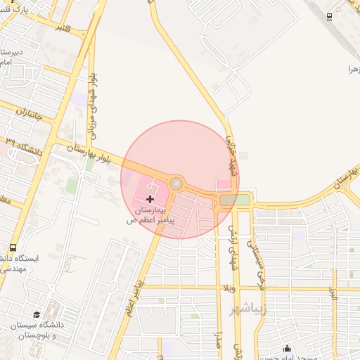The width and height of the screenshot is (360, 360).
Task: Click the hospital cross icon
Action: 150,200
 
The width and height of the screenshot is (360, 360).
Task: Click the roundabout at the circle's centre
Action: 176,184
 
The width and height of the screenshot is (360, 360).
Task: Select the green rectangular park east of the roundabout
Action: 233,200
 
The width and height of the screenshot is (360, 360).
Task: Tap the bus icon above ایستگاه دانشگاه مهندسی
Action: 13,247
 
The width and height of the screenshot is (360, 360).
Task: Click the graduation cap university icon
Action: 37,314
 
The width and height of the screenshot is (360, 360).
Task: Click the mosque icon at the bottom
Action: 287,347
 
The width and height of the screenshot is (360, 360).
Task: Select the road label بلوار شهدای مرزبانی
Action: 93,105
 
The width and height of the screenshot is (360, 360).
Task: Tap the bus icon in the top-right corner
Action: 329,16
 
